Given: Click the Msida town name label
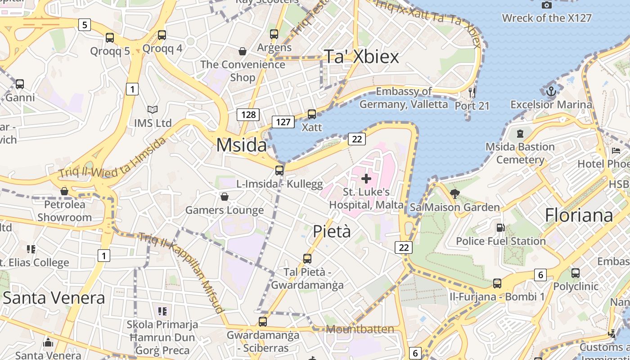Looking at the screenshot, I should tap(242, 145).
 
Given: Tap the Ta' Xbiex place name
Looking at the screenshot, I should tap(362, 57).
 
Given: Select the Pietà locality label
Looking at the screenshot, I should tap(332, 231).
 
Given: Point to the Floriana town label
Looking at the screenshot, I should tap(579, 215).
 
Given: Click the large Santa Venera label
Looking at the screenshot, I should tap(54, 297).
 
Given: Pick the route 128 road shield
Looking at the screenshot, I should tap(248, 114).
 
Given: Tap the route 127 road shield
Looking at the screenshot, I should tap(283, 121).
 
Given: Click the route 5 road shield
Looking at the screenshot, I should tap(84, 24).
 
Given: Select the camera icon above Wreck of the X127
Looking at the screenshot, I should tap(547, 5).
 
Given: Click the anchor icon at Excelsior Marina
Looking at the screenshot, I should tap(551, 92).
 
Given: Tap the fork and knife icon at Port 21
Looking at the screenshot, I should tap(472, 93).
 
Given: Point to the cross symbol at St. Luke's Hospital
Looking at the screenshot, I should tap(366, 179).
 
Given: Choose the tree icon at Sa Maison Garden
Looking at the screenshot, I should tap(455, 194).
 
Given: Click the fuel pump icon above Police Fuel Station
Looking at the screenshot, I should tap(500, 228).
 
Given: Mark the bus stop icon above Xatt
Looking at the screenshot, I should tap(311, 114).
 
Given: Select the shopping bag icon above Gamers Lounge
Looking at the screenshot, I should tap(225, 197).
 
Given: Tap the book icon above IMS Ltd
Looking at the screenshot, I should tap(153, 109).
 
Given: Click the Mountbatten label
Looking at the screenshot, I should tap(360, 329).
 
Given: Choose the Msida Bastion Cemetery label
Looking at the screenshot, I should tap(520, 153).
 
